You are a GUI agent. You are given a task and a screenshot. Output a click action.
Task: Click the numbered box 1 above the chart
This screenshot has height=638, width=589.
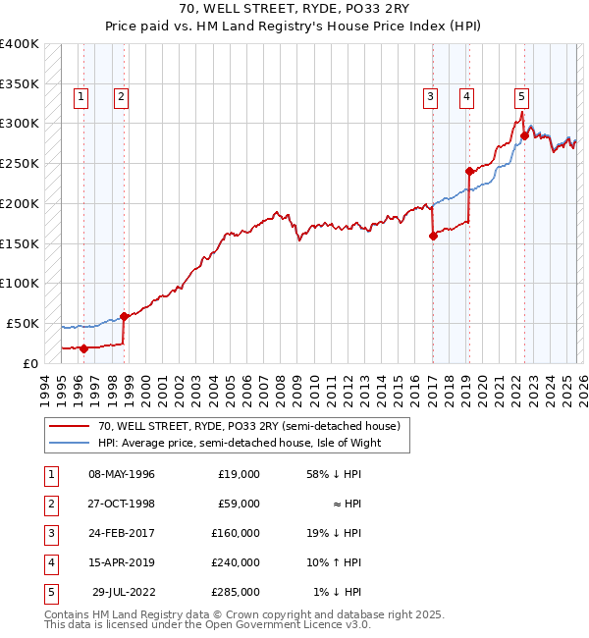pos(80,96)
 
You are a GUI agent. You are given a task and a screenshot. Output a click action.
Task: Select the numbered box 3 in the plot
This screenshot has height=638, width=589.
pos(430,96)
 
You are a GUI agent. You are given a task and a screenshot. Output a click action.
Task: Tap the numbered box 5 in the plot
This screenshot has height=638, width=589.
pos(520,96)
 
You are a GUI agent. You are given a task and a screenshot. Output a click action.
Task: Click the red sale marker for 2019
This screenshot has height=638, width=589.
pos(469,171)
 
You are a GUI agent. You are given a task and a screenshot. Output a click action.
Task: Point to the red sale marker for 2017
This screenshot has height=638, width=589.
pos(433,235)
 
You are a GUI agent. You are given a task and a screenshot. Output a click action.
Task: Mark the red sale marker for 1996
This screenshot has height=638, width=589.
pos(83,347)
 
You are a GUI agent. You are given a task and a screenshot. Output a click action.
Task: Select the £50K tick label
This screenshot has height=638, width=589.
pos(23,323)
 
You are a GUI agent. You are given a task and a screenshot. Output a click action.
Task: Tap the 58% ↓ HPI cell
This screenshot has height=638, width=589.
pos(332,474)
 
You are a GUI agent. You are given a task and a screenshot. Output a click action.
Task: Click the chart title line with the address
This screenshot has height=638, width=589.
pos(294,9)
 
